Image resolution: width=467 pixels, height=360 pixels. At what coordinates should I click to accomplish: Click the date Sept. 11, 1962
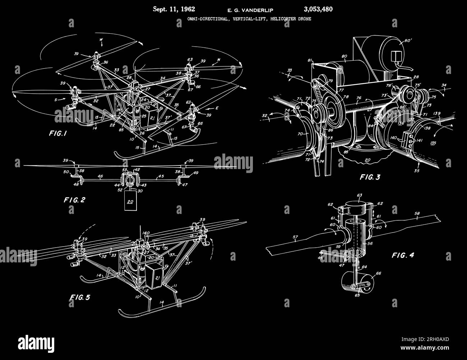[x=174, y=9]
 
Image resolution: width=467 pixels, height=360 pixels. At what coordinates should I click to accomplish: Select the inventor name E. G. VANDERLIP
[x=243, y=10]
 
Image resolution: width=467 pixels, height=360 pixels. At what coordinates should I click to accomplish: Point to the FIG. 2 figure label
[x=74, y=200]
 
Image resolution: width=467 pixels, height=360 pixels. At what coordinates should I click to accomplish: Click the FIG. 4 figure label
[x=403, y=255]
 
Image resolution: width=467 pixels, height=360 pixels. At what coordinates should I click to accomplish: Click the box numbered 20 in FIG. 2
[x=130, y=202]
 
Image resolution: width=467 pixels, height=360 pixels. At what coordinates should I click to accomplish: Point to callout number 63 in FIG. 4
[x=360, y=196]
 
